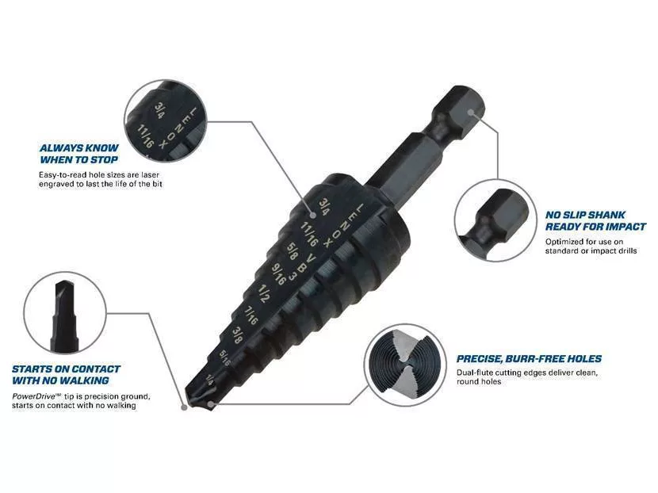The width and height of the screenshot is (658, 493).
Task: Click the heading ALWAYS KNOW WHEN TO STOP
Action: (x=79, y=154)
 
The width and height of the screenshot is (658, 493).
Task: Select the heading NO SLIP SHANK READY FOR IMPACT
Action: (x=595, y=220)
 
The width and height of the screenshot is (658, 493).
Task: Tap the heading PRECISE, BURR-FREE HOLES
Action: (x=529, y=359)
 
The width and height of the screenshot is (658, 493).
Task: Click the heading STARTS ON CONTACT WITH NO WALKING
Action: (x=66, y=375)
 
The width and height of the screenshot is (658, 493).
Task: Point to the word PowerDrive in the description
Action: (x=34, y=396)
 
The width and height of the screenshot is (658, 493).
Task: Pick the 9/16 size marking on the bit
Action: (x=278, y=273)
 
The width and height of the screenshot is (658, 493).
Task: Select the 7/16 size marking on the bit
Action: (x=251, y=315)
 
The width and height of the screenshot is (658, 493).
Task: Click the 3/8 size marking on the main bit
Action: (x=237, y=334)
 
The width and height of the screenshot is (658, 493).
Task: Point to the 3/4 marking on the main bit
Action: (x=324, y=206)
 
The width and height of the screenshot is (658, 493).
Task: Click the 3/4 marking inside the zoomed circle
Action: (x=159, y=110)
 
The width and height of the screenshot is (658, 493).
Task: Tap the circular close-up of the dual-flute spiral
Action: (x=404, y=365)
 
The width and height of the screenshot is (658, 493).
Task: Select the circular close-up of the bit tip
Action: (x=65, y=312)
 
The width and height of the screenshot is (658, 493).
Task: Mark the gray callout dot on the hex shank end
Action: (x=471, y=113)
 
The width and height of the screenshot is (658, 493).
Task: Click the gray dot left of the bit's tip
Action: (x=184, y=407)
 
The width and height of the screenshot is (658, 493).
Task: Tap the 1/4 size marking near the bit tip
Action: (x=209, y=379)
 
